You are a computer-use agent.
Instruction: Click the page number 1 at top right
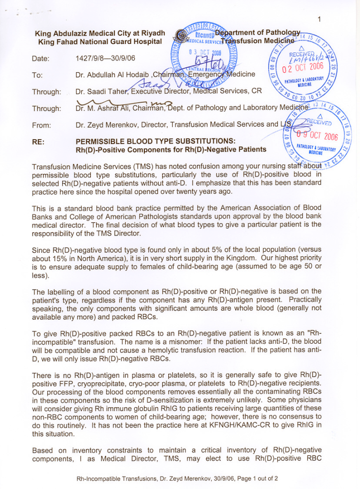coord(318,19)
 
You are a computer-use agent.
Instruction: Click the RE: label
coord(38,141)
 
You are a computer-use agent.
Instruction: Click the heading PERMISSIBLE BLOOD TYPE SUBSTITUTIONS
coord(155,141)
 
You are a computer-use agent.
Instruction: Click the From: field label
coord(41,125)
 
